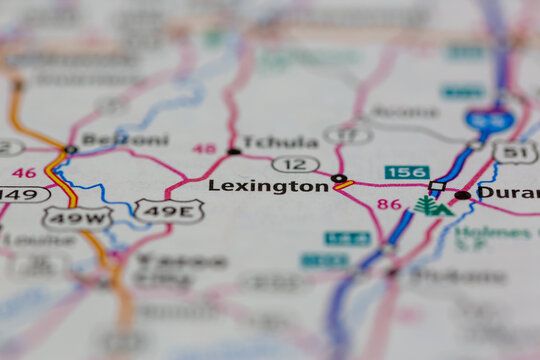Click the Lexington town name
coord(268,186)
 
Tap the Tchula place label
coord(281,142)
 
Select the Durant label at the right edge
coord(508,192)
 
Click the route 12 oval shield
coord(295,163)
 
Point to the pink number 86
coord(390,205)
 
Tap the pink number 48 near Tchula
coord(204,148)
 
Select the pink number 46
coord(23,173)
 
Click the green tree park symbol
coord(427,206)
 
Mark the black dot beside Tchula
coord(234,152)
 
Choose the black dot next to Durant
coord(463,195)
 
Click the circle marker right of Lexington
coord(337,179)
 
